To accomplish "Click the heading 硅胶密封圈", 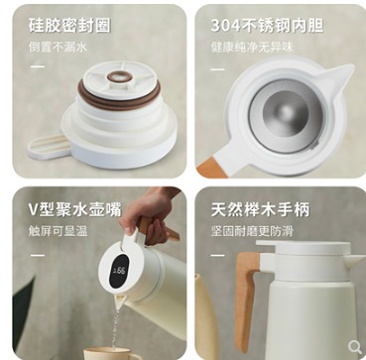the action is pyautogui.click(x=69, y=25).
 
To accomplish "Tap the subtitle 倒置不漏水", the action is pyautogui.click(x=58, y=48).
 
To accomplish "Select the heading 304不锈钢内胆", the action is pyautogui.click(x=267, y=25).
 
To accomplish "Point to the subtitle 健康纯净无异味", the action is pyautogui.click(x=252, y=48).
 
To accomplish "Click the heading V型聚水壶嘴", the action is pyautogui.click(x=75, y=209).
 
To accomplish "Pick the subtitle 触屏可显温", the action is pyautogui.click(x=58, y=231).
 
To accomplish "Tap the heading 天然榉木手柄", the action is pyautogui.click(x=261, y=209).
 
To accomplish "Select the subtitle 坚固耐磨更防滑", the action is pyautogui.click(x=252, y=231).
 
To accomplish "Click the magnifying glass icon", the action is pyautogui.click(x=355, y=347).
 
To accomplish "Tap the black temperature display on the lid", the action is pyautogui.click(x=118, y=271).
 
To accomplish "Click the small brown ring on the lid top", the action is pyautogui.click(x=120, y=76).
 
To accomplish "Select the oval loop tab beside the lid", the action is pyautogui.click(x=50, y=147).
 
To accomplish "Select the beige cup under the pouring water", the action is pyautogui.click(x=111, y=354).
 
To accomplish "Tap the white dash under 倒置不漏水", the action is pyautogui.click(x=38, y=66).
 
